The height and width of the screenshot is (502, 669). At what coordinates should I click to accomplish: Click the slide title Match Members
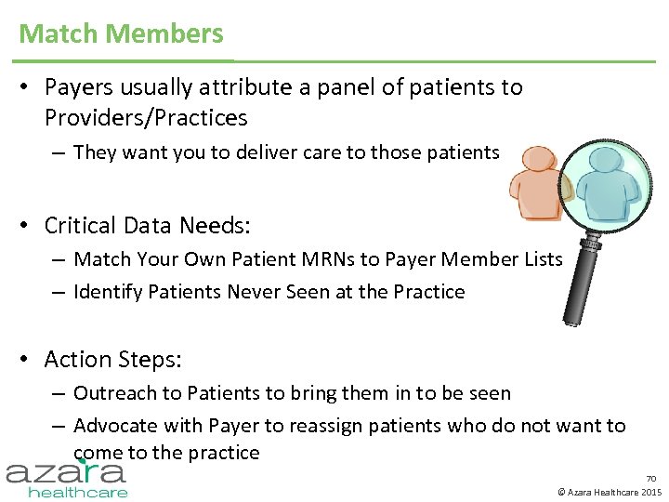(x=121, y=33)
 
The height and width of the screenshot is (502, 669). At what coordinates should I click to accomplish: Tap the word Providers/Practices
(x=146, y=118)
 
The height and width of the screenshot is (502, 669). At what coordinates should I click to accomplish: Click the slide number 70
(x=650, y=478)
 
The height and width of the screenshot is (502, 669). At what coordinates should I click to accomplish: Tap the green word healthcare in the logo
(x=77, y=492)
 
